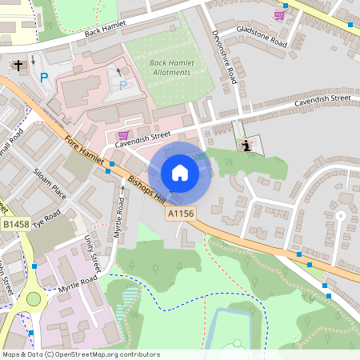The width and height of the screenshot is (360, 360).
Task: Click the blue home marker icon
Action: [x=180, y=173]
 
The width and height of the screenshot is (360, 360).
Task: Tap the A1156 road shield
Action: [x=180, y=214]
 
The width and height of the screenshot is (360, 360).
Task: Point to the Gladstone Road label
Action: [x=261, y=37]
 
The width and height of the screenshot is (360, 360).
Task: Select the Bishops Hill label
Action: [x=145, y=188]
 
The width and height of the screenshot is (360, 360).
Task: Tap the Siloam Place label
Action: [x=49, y=180]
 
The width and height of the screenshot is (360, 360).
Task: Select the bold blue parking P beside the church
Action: [x=44, y=78]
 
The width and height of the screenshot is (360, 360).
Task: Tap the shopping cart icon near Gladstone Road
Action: [x=279, y=14]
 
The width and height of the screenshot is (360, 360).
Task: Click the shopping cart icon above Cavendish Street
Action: [x=122, y=135]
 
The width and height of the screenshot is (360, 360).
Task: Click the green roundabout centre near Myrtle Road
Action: [x=33, y=299]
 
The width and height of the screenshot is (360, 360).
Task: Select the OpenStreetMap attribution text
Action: [x=81, y=354]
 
